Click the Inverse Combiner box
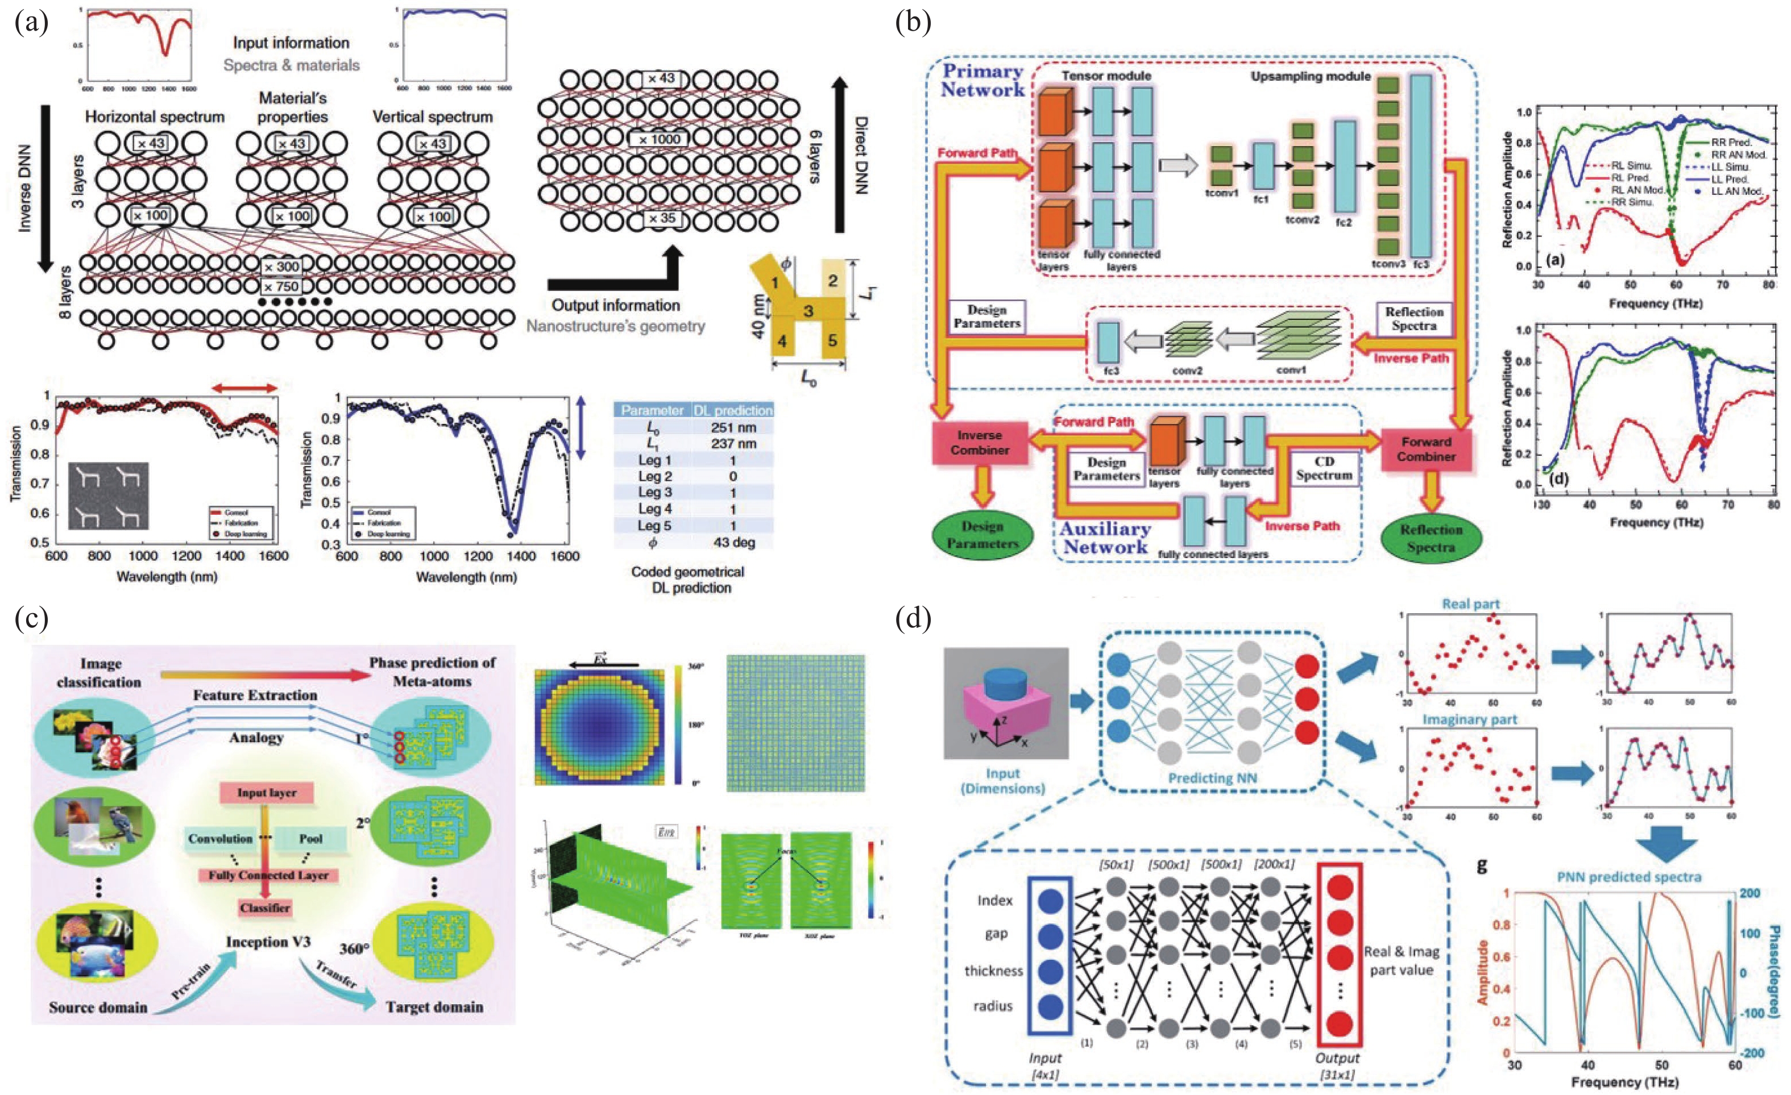979,443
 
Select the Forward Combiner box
1426,449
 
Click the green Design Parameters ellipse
982,535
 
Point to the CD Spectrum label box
1324,469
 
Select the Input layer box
266,793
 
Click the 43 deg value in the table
733,542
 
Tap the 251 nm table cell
733,427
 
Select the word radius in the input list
992,1006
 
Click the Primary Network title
982,81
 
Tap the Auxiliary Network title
1105,538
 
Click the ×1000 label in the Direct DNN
660,139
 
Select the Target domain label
434,1007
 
